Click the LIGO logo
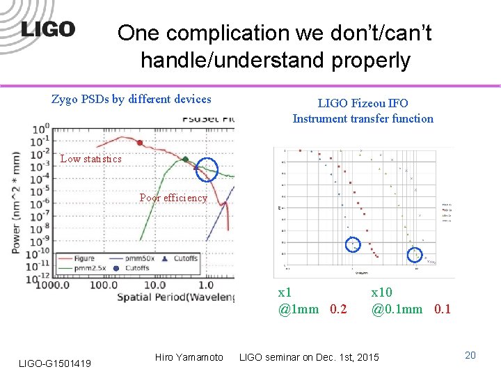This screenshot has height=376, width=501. [x=48, y=29]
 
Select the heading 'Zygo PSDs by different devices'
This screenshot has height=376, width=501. [x=132, y=99]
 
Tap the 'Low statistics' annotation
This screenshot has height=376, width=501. [x=90, y=159]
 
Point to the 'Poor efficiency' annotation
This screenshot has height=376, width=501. [x=173, y=198]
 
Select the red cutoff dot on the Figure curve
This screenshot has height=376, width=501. [x=140, y=143]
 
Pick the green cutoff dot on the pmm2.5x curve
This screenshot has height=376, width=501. [x=185, y=159]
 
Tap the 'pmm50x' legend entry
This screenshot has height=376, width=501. [x=143, y=258]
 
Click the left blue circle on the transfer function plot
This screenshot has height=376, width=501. [x=353, y=244]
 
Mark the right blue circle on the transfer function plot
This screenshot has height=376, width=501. [x=415, y=254]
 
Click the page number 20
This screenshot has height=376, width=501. [x=470, y=355]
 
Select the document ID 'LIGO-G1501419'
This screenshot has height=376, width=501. [x=56, y=361]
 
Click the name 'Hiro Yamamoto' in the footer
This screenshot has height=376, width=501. [x=189, y=357]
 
